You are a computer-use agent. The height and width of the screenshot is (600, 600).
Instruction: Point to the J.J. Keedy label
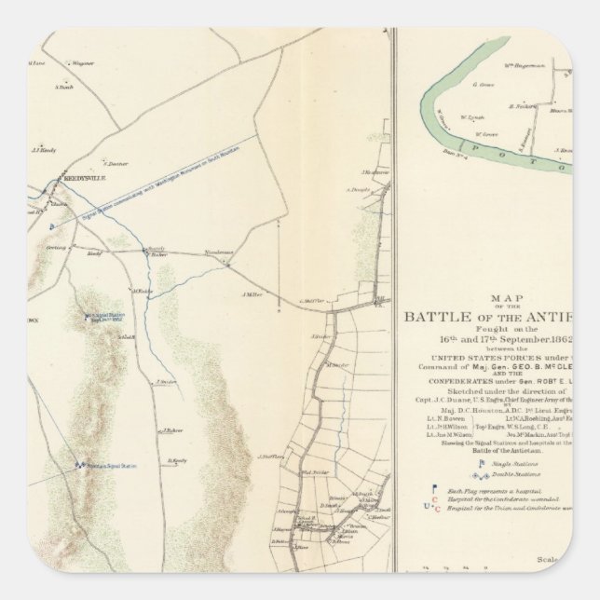pyautogui.click(x=45, y=149)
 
